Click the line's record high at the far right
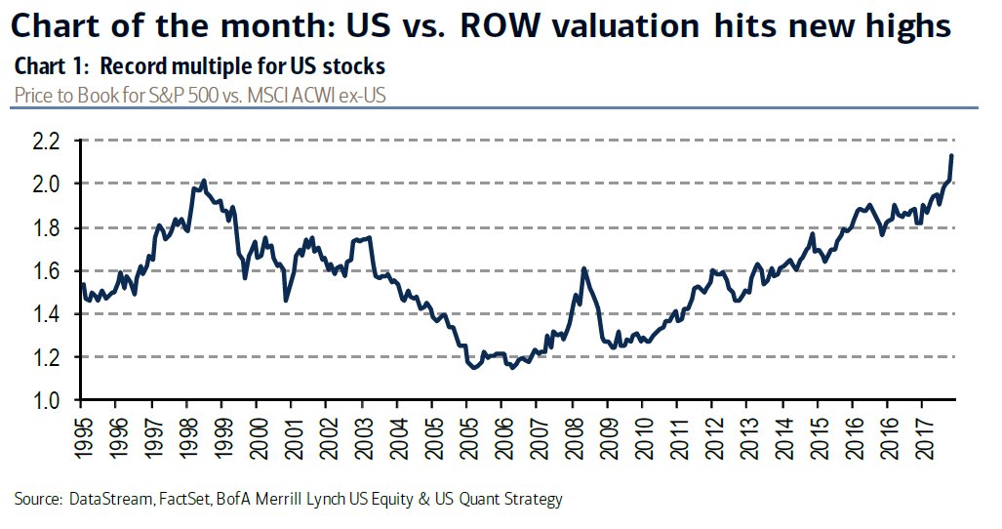951,155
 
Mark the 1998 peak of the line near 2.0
203,181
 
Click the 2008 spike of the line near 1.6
582,268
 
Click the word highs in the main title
904,26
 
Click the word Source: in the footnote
41,499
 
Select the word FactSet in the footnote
180,499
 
